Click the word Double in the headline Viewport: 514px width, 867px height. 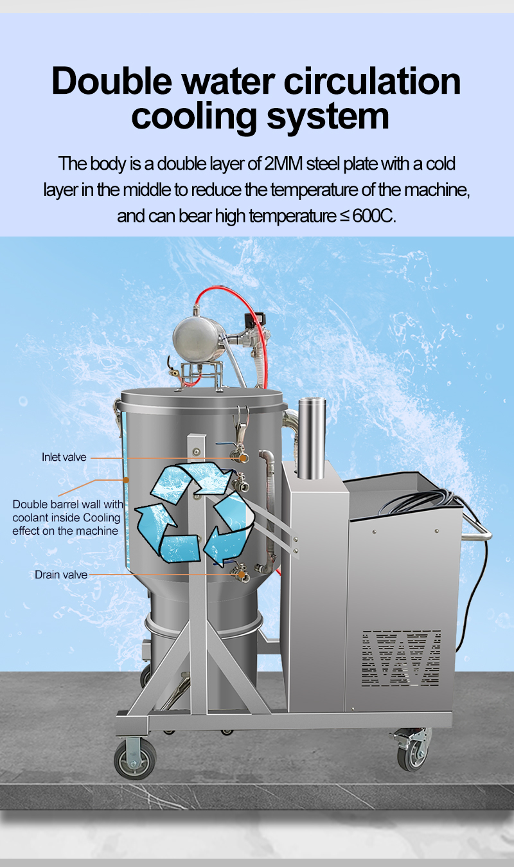112,81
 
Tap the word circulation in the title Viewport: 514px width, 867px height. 373,81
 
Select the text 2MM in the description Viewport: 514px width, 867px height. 284,164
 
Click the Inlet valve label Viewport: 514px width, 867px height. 64,457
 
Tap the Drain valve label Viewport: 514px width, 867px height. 61,575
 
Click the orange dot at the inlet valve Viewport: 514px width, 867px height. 243,458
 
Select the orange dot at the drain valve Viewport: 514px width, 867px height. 242,575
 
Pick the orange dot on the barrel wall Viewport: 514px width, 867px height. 126,480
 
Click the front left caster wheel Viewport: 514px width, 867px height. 135,760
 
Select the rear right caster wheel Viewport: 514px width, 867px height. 413,753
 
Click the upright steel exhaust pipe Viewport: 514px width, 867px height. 312,438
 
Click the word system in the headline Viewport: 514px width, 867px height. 328,117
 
